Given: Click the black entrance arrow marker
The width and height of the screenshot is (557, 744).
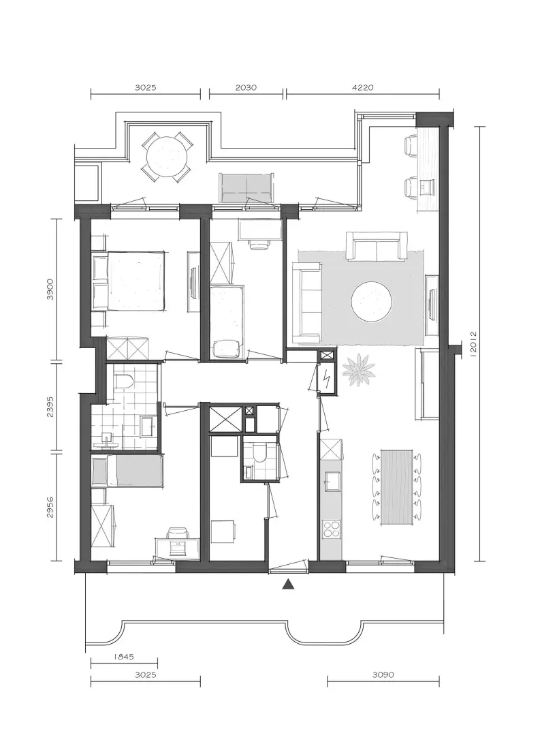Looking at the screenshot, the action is coord(288,584).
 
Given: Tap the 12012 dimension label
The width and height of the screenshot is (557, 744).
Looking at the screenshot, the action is coord(473,344).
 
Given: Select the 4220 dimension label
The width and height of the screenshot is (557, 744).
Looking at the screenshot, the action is coord(363,87).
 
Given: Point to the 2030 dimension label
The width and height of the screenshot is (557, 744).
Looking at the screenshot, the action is coord(246,87).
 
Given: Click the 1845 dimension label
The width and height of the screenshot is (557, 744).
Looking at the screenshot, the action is coord(124,657).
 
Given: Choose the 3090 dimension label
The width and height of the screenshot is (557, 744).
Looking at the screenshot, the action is coord(383,675).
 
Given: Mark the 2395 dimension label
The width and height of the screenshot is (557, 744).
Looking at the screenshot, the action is coord(50,407).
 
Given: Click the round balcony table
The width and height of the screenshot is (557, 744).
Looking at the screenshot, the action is coord(167,157).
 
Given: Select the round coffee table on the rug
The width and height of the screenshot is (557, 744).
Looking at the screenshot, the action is coord(372,302).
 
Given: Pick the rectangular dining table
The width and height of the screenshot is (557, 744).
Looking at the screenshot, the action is coord(397,487).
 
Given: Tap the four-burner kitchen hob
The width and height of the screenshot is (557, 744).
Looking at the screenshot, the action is coord(332,529).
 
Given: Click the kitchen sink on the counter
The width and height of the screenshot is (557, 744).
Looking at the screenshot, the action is coord(332,482).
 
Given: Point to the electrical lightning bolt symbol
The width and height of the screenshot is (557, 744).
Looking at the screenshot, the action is coord(327,378).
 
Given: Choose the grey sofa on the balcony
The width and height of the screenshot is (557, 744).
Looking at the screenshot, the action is coord(246,187).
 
